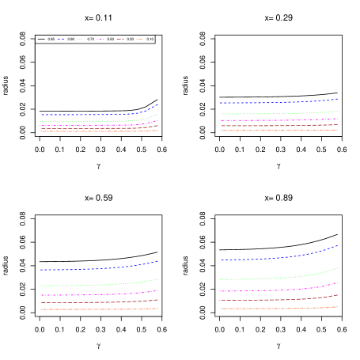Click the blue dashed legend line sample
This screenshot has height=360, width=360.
point(61,39)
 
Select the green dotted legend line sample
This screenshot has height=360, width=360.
point(80,39)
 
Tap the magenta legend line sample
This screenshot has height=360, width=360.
point(100,39)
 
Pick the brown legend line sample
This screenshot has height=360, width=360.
point(119,39)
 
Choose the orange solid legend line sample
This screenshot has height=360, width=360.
point(139,39)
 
